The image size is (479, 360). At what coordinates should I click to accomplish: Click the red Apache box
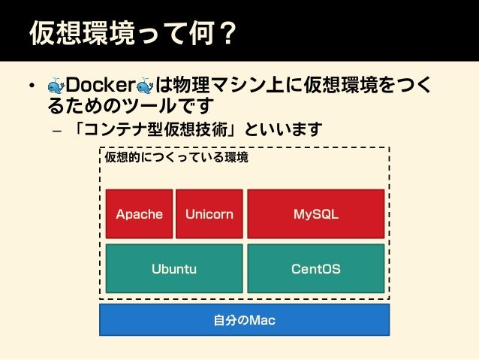click(139, 214)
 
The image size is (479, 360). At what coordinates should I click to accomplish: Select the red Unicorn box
click(209, 214)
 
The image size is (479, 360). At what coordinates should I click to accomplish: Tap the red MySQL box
click(315, 214)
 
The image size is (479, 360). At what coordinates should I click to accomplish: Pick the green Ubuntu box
click(173, 268)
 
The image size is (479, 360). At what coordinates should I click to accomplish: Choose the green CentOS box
click(315, 268)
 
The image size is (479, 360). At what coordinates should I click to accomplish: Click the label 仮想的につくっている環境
click(176, 159)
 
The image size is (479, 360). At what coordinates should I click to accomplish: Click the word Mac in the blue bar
click(263, 321)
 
